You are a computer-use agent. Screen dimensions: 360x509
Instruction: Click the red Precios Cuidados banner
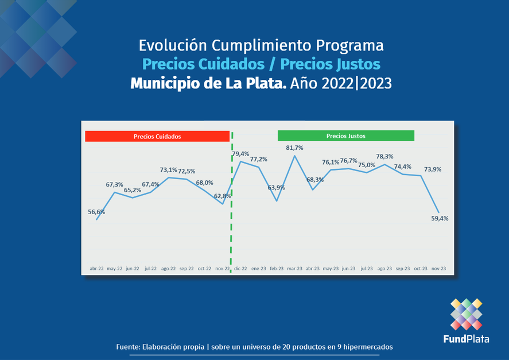point(157,137)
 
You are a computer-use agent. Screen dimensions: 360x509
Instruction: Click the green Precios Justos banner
point(345,136)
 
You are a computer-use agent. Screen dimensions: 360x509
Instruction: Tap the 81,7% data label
point(294,148)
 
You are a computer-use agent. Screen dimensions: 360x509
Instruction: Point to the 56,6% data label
point(96,212)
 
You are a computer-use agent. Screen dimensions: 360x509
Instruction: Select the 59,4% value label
point(440,218)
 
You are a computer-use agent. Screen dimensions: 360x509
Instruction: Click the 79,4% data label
point(240,154)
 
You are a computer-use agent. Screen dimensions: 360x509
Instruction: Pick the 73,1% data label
point(168,170)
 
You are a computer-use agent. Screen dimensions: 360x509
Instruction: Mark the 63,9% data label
point(277,188)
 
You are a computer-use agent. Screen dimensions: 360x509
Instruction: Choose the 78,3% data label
point(384,157)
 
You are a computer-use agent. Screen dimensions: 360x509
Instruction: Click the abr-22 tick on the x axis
point(96,268)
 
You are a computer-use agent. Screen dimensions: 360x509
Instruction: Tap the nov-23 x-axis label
point(439,268)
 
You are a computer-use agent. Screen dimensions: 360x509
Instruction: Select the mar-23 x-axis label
point(294,268)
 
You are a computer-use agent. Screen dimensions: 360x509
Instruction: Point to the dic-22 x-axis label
point(240,268)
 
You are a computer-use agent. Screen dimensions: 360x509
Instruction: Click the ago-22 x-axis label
point(168,268)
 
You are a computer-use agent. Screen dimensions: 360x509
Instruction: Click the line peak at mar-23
point(294,156)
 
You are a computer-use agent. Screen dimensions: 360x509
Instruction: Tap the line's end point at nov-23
point(440,212)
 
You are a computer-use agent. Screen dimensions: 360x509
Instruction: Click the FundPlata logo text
point(466,339)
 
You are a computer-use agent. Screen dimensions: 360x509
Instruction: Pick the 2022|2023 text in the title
point(357,83)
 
